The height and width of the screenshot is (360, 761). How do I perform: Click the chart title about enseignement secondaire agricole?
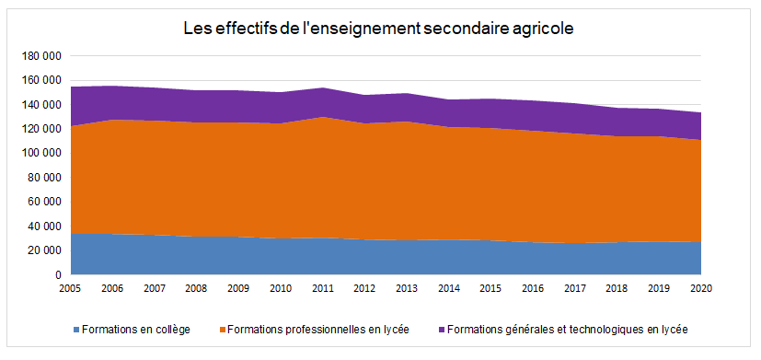pyautogui.click(x=379, y=29)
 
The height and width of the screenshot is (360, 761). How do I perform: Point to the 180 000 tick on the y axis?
pyautogui.click(x=40, y=56)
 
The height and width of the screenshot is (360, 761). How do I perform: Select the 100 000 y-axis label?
pyautogui.click(x=40, y=153)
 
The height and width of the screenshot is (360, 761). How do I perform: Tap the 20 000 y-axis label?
pyautogui.click(x=43, y=250)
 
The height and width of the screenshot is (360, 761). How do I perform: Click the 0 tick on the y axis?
pyautogui.click(x=57, y=274)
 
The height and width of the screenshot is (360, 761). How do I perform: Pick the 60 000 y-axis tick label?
pyautogui.click(x=43, y=202)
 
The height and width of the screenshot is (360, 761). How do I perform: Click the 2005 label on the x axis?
pyautogui.click(x=70, y=288)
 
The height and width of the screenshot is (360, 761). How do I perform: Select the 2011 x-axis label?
pyautogui.click(x=322, y=288)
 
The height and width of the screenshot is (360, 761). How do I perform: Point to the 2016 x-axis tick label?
pyautogui.click(x=532, y=288)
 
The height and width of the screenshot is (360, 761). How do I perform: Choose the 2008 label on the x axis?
pyautogui.click(x=196, y=288)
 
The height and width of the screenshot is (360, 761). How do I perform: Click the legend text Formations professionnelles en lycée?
pyautogui.click(x=317, y=329)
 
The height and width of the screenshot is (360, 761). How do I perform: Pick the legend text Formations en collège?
pyautogui.click(x=135, y=329)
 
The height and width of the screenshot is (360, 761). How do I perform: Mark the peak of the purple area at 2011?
pyautogui.click(x=322, y=88)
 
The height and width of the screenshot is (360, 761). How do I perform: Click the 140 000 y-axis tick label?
pyautogui.click(x=40, y=105)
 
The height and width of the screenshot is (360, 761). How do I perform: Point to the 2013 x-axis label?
pyautogui.click(x=406, y=288)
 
